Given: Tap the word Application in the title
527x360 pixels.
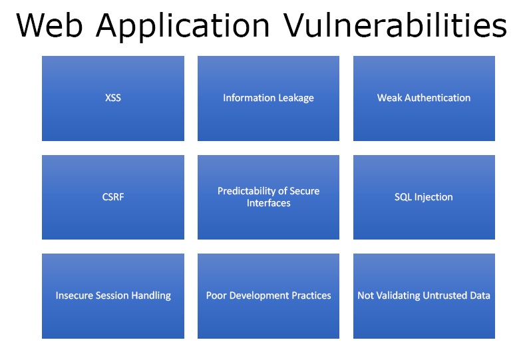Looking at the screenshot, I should click(x=182, y=27).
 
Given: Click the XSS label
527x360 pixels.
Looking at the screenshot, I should click(x=113, y=98).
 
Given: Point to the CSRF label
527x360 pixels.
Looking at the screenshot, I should click(x=113, y=197).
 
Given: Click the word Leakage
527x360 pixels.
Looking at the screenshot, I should click(x=293, y=98).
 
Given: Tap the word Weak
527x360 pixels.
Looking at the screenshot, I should click(x=389, y=98).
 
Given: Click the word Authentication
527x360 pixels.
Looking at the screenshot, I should click(x=437, y=98).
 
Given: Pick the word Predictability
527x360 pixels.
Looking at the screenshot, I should click(x=246, y=192).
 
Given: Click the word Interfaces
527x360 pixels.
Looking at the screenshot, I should click(x=269, y=203).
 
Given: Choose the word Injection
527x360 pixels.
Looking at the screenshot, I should click(x=434, y=197).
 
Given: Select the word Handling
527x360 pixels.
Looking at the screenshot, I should click(x=153, y=295).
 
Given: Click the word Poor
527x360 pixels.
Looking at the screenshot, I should click(x=216, y=295).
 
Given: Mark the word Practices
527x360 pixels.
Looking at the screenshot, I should click(x=310, y=295).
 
